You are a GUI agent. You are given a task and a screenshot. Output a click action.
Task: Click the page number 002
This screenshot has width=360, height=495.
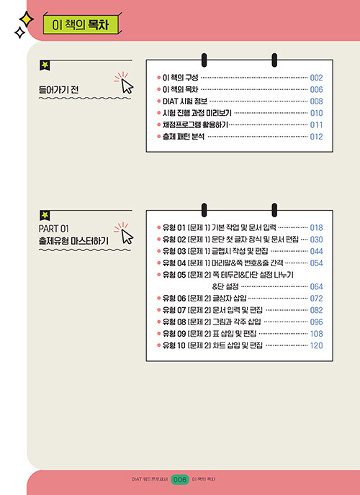[x=316, y=78]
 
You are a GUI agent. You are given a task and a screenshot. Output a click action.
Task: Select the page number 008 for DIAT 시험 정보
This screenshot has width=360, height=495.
[x=316, y=101]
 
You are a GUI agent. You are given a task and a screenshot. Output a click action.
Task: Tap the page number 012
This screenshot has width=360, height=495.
[x=316, y=137]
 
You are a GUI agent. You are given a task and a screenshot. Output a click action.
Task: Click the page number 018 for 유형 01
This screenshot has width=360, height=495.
[x=316, y=227]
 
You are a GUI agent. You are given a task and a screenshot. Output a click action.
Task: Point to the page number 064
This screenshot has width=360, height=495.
[x=316, y=286]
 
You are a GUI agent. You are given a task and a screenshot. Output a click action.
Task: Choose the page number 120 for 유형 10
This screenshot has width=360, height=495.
[x=316, y=345]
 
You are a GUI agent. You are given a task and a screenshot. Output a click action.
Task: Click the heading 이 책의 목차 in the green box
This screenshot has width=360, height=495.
[x=80, y=25]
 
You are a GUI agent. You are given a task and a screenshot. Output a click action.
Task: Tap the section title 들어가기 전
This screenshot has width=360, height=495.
[x=58, y=90]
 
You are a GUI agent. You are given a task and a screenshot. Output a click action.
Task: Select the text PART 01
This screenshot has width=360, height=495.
[x=54, y=228]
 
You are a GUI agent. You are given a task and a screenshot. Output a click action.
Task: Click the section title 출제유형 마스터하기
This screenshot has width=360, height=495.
[x=73, y=241]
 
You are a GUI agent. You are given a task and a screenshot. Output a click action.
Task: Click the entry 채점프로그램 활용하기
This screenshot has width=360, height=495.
[x=195, y=125]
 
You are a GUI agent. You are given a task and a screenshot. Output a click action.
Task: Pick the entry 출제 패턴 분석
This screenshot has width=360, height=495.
[x=183, y=137]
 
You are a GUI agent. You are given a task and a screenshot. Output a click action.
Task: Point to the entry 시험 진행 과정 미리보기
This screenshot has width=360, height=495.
[x=197, y=113]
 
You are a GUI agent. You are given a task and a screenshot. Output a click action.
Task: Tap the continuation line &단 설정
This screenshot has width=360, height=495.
[x=225, y=286]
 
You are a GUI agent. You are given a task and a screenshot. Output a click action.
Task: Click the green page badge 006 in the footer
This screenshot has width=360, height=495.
[x=180, y=480]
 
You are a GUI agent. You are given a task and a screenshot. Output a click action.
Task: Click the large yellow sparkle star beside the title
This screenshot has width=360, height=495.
[x=26, y=19]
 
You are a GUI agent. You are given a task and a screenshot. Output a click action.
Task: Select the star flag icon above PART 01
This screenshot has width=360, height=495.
[x=45, y=216]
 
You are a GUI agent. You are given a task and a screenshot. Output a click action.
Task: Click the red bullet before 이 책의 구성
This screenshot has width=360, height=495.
[x=158, y=78]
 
